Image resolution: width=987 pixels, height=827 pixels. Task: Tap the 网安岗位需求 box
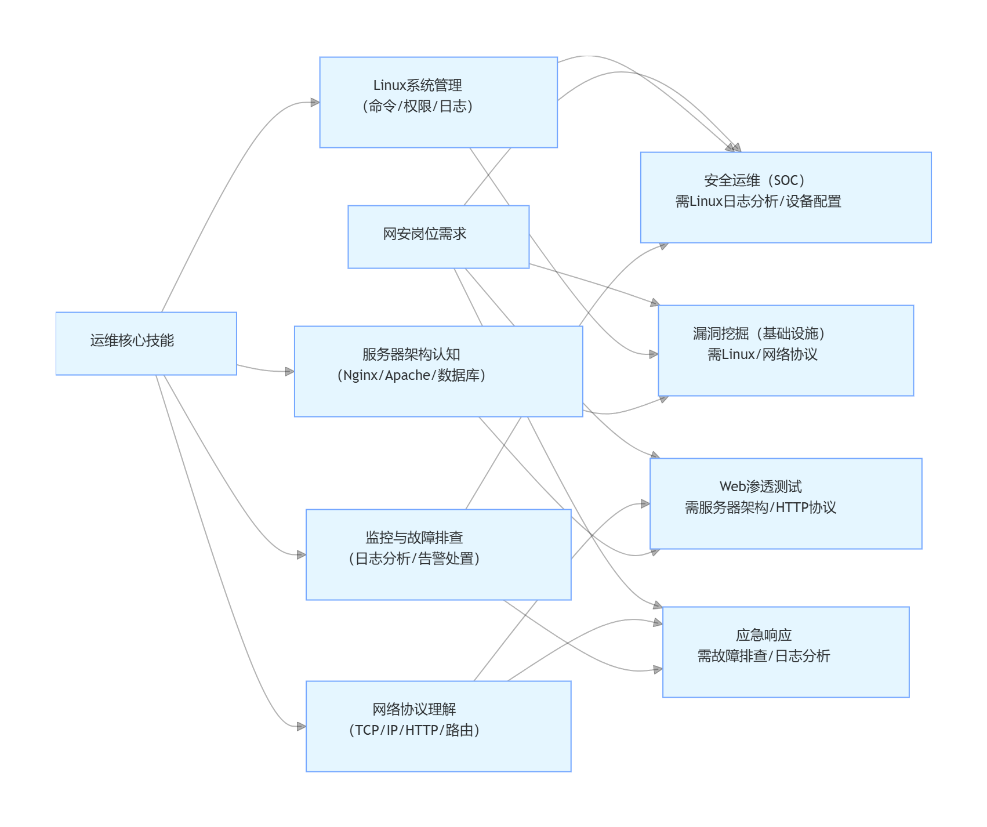click(438, 237)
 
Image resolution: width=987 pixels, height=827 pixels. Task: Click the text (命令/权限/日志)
click(418, 106)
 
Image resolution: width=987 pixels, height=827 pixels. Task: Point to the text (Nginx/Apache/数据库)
click(411, 375)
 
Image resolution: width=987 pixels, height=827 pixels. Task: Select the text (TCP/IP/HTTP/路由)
click(414, 730)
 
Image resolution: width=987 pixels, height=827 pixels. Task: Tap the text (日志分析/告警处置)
click(414, 558)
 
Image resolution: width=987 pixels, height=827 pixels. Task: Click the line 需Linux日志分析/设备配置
click(758, 201)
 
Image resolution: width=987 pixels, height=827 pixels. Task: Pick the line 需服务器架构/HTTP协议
click(760, 507)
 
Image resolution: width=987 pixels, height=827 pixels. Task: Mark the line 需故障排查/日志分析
click(763, 656)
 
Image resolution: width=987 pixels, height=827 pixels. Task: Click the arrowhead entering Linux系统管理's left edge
click(315, 103)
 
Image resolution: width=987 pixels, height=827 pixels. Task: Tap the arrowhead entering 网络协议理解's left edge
click(302, 726)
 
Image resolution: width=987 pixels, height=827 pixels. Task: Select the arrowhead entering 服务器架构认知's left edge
click(290, 371)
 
